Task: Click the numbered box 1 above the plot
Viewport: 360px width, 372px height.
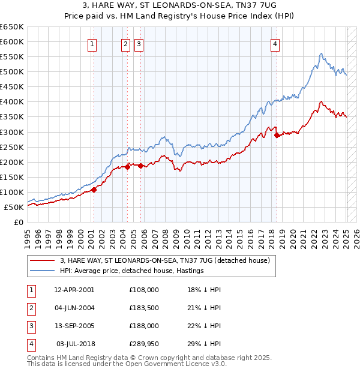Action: pyautogui.click(x=92, y=43)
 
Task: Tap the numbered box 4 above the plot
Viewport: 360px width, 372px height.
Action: pyautogui.click(x=274, y=43)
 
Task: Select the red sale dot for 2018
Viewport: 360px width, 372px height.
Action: pyautogui.click(x=277, y=135)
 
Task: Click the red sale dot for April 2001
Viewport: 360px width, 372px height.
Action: pyautogui.click(x=94, y=190)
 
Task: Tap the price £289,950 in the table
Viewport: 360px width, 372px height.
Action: pyautogui.click(x=143, y=344)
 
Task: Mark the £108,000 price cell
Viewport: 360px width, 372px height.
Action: pyautogui.click(x=143, y=290)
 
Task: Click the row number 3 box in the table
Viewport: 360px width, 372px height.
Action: pyautogui.click(x=31, y=326)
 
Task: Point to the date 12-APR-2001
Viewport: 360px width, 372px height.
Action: pyautogui.click(x=74, y=290)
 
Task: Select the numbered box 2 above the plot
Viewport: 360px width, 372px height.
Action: pyautogui.click(x=125, y=43)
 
